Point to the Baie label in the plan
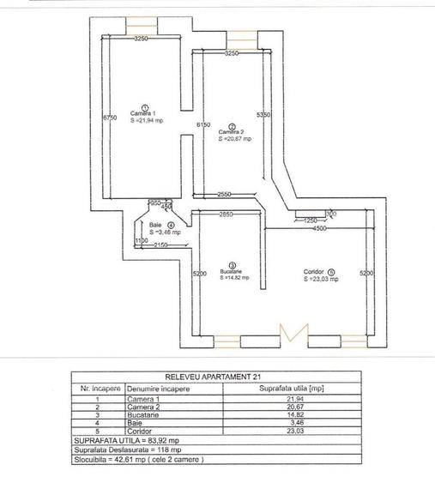coord(156,225)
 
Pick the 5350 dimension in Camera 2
coord(264,114)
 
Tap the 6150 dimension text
coord(202,125)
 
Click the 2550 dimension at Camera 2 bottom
coord(227,194)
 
